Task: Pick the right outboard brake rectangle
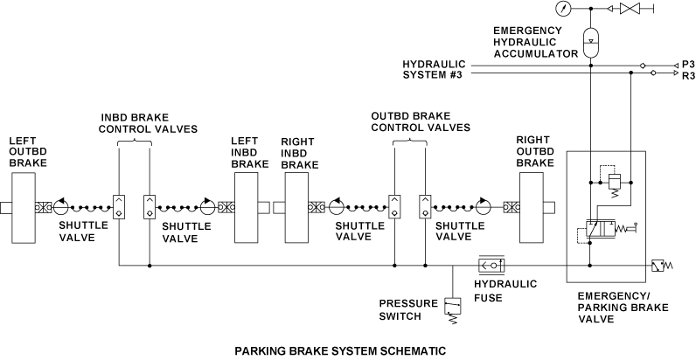[533, 207]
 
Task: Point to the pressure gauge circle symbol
[561, 9]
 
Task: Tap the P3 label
[687, 65]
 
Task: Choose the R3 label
[687, 76]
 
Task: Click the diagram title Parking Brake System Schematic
[340, 351]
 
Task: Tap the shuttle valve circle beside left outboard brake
[61, 207]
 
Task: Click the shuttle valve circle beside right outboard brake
[484, 207]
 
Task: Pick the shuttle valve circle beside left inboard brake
[206, 207]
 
